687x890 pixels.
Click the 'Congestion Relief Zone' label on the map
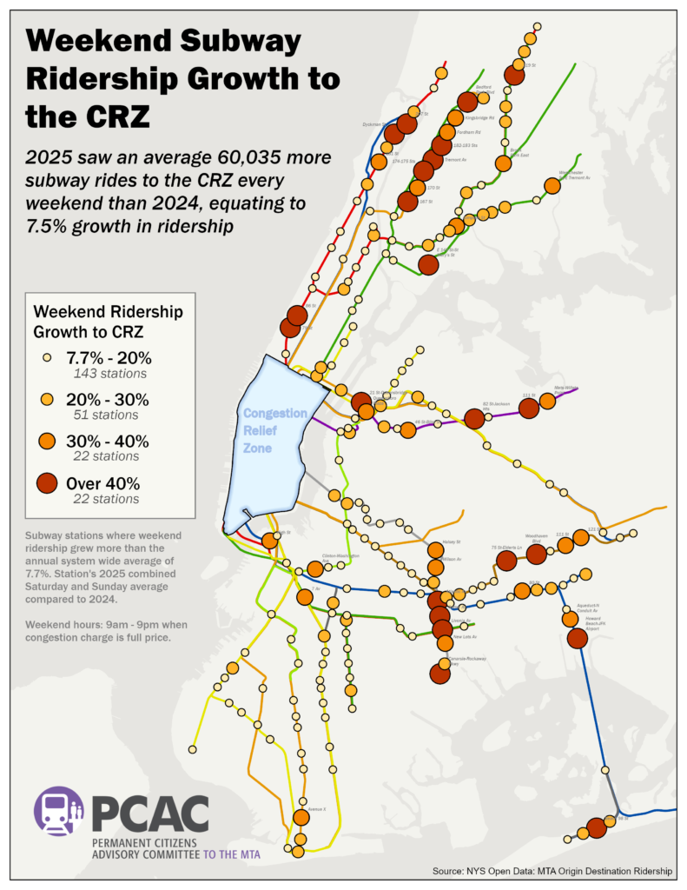click(274, 430)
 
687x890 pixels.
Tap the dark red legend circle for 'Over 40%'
click(49, 483)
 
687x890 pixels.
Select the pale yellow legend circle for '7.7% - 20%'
click(49, 357)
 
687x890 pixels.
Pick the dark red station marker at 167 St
click(406, 202)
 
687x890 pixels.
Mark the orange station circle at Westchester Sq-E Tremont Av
click(552, 185)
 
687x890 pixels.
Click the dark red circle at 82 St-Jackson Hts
click(474, 419)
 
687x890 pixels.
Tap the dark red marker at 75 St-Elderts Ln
click(506, 561)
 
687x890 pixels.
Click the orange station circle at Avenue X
click(301, 817)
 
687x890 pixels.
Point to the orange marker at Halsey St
click(435, 550)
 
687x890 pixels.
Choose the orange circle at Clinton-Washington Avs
click(315, 568)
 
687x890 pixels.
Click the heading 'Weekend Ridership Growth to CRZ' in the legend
click(101, 321)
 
